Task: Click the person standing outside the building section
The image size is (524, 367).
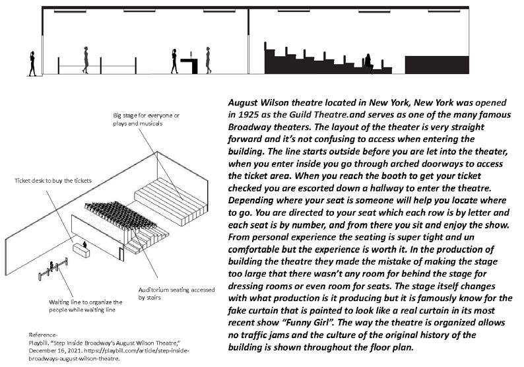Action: pos(31,63)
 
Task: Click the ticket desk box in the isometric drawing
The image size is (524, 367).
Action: pos(83,250)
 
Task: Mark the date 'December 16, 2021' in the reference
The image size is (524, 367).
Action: pos(53,351)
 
